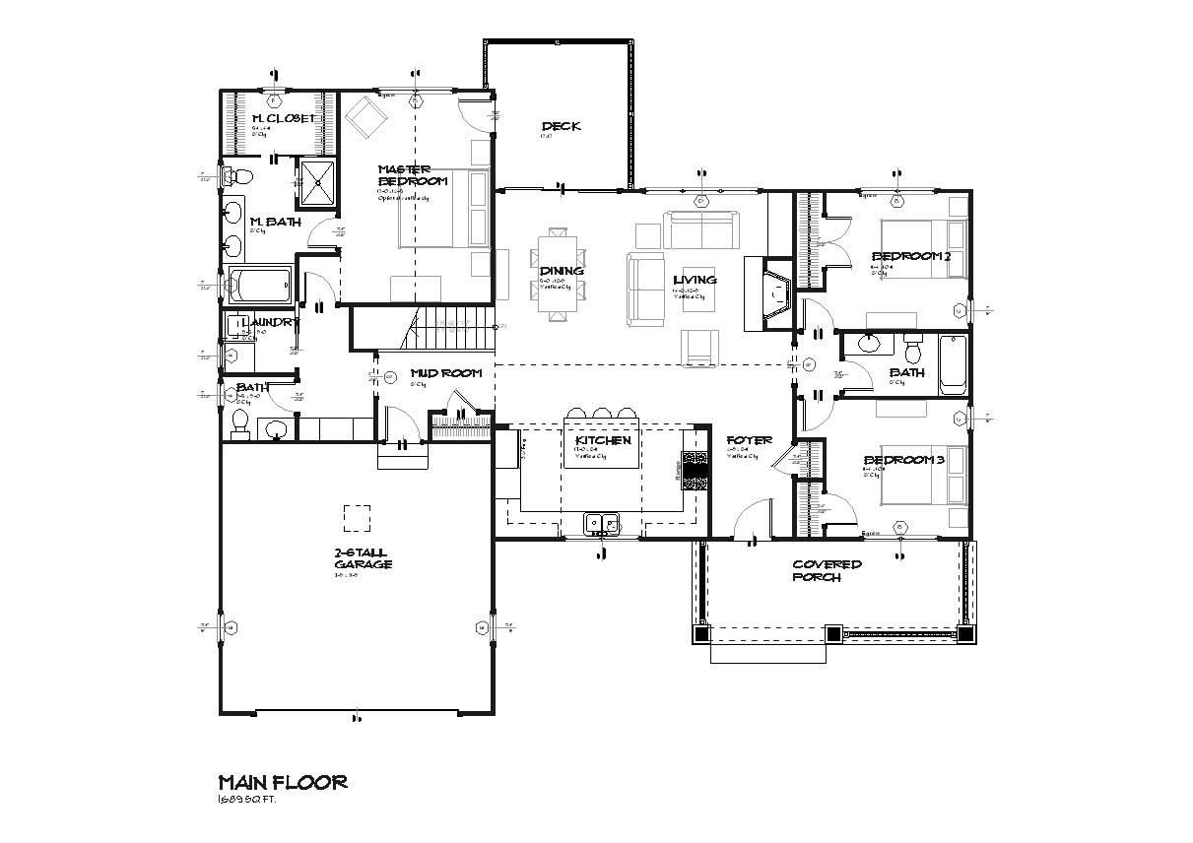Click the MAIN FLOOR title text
click(x=282, y=783)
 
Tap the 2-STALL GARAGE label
click(x=363, y=559)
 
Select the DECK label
click(x=561, y=126)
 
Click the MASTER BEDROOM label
click(x=412, y=175)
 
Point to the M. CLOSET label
click(x=284, y=118)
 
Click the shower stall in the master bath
click(x=316, y=183)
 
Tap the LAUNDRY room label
click(x=262, y=322)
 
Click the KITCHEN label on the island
click(x=602, y=440)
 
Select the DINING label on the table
click(x=561, y=271)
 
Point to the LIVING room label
click(x=695, y=280)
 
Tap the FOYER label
click(x=749, y=440)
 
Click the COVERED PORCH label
click(x=828, y=570)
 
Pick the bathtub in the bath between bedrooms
click(x=953, y=364)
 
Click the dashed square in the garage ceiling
click(x=357, y=518)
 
